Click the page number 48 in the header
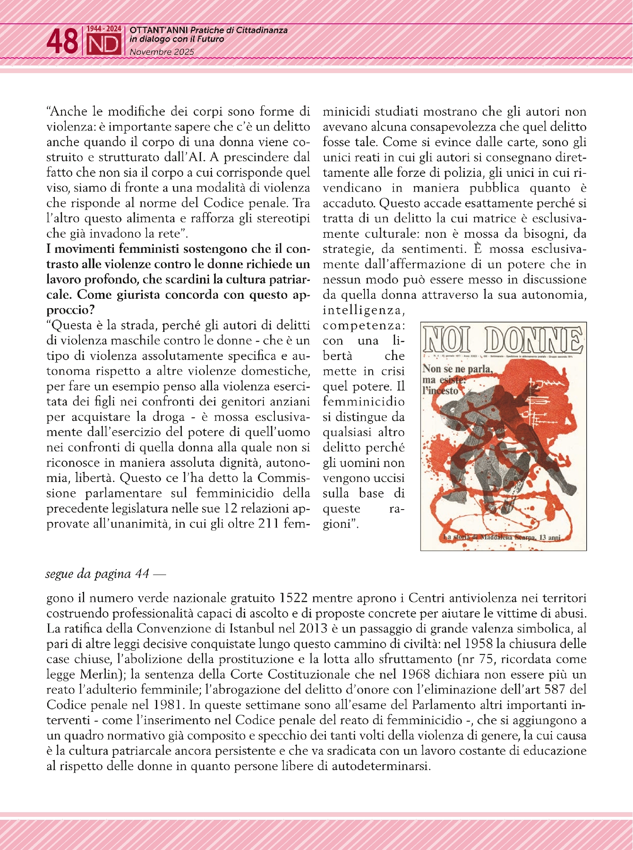pyautogui.click(x=62, y=42)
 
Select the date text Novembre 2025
pyautogui.click(x=161, y=52)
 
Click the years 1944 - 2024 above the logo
pyautogui.click(x=104, y=29)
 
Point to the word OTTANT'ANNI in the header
pyautogui.click(x=159, y=30)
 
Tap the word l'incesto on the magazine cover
pyautogui.click(x=441, y=390)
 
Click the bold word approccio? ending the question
pyautogui.click(x=71, y=310)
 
